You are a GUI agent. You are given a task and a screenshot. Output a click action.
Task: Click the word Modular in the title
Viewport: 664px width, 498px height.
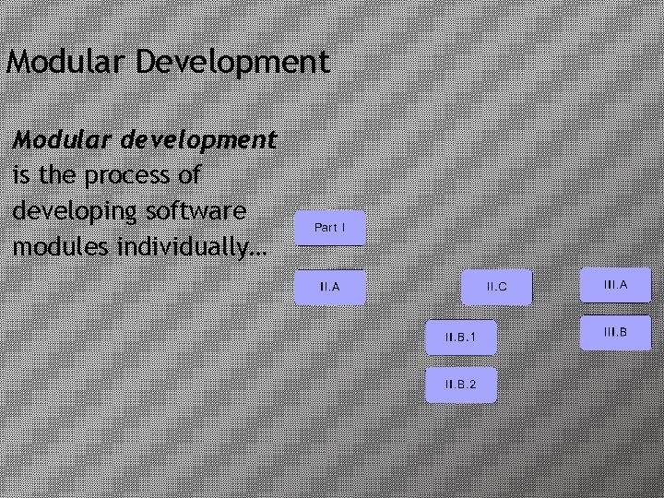point(67,62)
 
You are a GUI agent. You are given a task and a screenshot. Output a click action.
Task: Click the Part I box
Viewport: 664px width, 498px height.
point(330,227)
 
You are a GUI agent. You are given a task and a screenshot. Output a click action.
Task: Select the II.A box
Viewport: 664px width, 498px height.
point(329,287)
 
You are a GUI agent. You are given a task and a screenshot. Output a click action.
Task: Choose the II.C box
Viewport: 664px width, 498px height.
point(497,287)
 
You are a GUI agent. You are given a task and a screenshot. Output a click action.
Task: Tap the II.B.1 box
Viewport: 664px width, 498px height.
point(460,338)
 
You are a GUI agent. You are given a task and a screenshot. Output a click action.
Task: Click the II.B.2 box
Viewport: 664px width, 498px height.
point(460,384)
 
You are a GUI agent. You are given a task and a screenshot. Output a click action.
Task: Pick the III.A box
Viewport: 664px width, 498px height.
point(615,285)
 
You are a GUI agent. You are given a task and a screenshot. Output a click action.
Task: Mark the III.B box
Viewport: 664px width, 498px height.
point(615,331)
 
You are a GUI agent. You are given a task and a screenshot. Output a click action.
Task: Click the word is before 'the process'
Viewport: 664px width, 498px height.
point(20,175)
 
